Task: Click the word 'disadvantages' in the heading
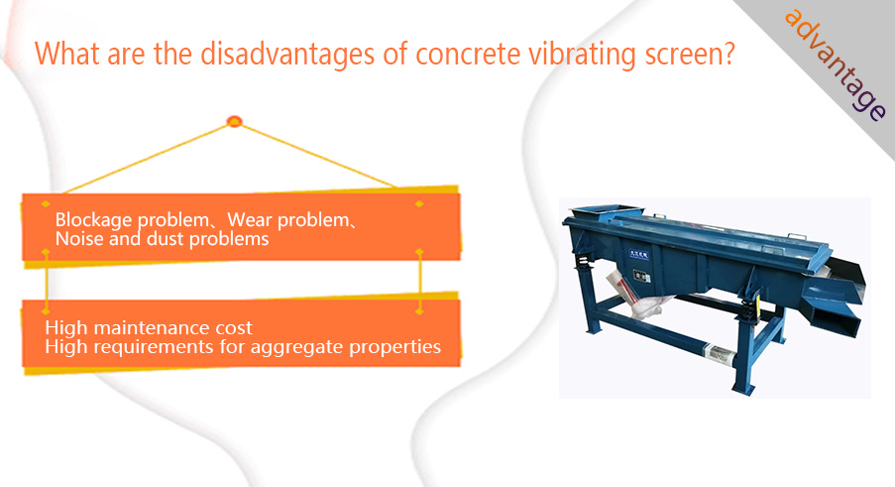point(287,55)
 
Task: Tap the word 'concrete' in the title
point(468,55)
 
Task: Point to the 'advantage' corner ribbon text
point(837,64)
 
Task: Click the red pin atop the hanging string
point(234,121)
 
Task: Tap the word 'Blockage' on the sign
point(93,220)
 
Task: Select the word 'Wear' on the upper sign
point(249,219)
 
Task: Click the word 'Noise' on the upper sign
point(79,239)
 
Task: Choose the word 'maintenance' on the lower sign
point(152,327)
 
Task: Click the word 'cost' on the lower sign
point(234,328)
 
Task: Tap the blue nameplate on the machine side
point(638,254)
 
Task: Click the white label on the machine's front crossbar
point(720,352)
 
